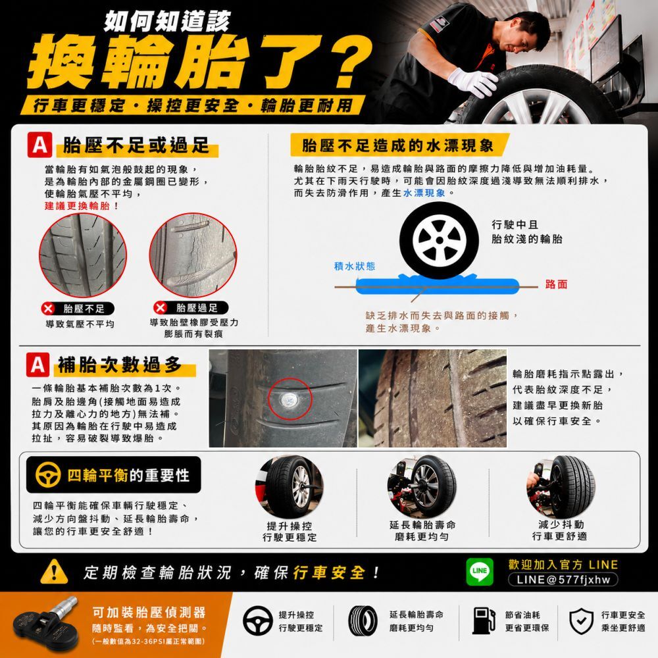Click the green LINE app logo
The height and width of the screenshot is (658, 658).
pyautogui.click(x=480, y=571)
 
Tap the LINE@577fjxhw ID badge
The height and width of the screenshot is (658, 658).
pyautogui.click(x=563, y=580)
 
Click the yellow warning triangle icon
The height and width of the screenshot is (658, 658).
pyautogui.click(x=54, y=572)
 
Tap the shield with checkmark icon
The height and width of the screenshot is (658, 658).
pyautogui.click(x=581, y=621)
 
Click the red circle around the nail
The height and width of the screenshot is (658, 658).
pyautogui.click(x=290, y=399)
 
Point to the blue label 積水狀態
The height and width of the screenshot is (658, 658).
pyautogui.click(x=355, y=266)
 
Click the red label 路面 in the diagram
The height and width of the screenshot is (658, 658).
pyautogui.click(x=557, y=284)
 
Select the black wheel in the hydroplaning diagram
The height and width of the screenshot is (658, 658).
pyautogui.click(x=439, y=240)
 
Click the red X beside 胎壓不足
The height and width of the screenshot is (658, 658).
pyautogui.click(x=48, y=309)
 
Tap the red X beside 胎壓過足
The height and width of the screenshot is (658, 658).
pyautogui.click(x=160, y=307)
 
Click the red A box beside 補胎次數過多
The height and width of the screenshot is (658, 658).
pyautogui.click(x=38, y=365)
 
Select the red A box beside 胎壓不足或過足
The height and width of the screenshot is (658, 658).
pyautogui.click(x=40, y=145)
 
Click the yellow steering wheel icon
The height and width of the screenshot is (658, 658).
pyautogui.click(x=48, y=474)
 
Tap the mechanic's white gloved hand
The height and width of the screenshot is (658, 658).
pyautogui.click(x=472, y=81)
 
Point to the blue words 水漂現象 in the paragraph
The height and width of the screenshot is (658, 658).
pyautogui.click(x=424, y=193)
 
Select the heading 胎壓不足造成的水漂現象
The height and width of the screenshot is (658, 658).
pyautogui.click(x=397, y=145)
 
